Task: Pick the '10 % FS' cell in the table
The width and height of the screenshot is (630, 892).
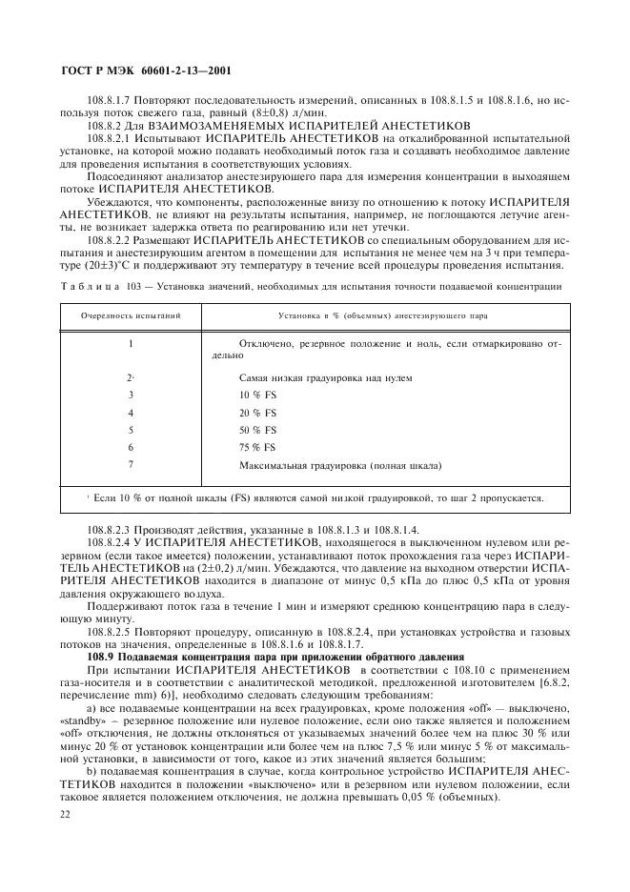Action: [256, 395]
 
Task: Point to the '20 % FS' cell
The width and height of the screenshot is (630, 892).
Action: [256, 413]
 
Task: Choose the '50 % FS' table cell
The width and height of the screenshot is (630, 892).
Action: [256, 430]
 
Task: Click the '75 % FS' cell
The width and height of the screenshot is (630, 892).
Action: [256, 447]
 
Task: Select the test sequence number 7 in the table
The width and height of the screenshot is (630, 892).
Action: [130, 465]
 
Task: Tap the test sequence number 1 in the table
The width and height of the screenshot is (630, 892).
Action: [130, 342]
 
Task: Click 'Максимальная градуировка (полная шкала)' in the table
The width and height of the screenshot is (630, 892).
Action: [340, 465]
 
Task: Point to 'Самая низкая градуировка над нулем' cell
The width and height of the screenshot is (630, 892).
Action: [325, 377]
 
